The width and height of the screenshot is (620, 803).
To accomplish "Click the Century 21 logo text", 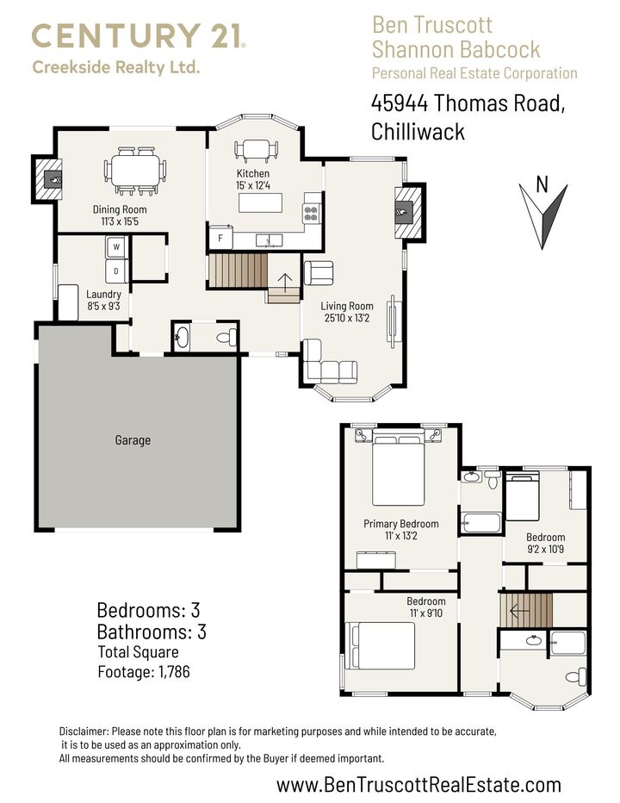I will (138, 36).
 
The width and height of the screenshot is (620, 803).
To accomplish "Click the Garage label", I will (133, 440).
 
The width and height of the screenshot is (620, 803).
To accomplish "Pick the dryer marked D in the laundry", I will (116, 271).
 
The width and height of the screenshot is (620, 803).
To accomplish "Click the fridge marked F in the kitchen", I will (220, 238).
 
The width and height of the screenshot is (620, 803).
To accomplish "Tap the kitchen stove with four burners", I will (311, 211).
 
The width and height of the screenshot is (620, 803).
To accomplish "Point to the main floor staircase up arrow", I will (283, 283).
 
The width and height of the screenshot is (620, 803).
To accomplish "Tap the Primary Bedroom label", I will (400, 524).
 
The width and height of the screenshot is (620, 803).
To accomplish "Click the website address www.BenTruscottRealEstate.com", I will (418, 784).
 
